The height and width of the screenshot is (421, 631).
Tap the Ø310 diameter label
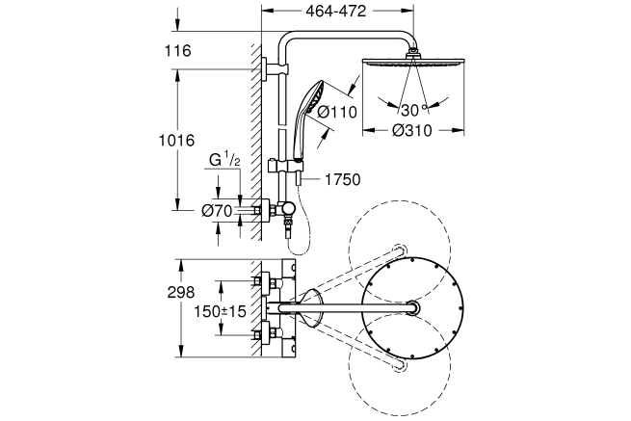point(413,132)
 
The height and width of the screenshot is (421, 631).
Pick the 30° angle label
point(413,109)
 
